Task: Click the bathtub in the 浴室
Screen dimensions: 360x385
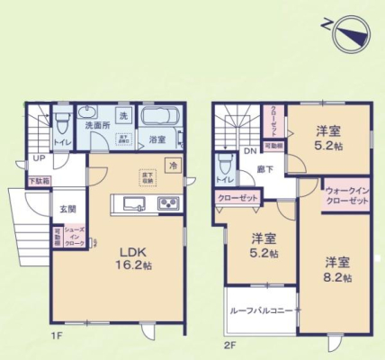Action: tap(162, 119)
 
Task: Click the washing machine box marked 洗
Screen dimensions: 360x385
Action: tap(124, 115)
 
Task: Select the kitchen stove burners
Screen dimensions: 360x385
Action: tap(167, 204)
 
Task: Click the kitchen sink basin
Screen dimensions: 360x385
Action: tap(126, 204)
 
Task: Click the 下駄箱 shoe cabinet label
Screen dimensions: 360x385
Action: tap(38, 181)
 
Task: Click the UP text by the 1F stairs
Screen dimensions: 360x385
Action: tap(38, 158)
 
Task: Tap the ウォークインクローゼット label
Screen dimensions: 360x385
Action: tap(346, 196)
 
